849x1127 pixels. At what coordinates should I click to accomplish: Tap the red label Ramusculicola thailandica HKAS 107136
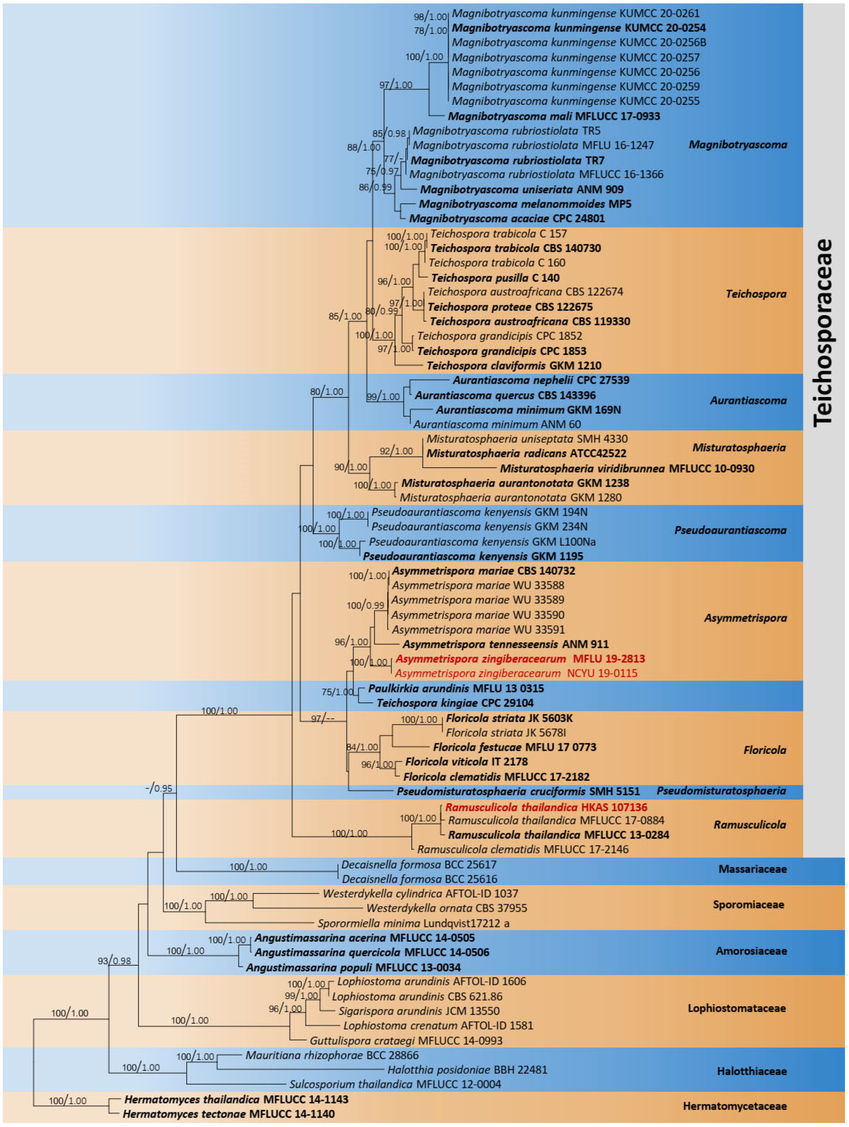tap(546, 807)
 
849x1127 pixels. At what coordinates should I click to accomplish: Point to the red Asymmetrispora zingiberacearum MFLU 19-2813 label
tap(520, 659)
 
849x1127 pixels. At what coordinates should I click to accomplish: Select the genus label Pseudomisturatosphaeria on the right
tap(721, 791)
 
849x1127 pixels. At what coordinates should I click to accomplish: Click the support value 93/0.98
tap(114, 961)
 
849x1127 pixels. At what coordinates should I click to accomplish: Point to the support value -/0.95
tap(159, 788)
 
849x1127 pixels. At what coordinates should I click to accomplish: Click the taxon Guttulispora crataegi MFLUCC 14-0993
tap(406, 1041)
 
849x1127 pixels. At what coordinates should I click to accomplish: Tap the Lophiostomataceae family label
tap(736, 1008)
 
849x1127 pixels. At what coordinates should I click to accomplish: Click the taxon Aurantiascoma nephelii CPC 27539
tap(541, 380)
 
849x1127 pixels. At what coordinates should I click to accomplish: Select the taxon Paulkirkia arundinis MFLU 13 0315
tap(456, 688)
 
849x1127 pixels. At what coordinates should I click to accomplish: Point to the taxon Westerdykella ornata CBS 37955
tap(447, 908)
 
